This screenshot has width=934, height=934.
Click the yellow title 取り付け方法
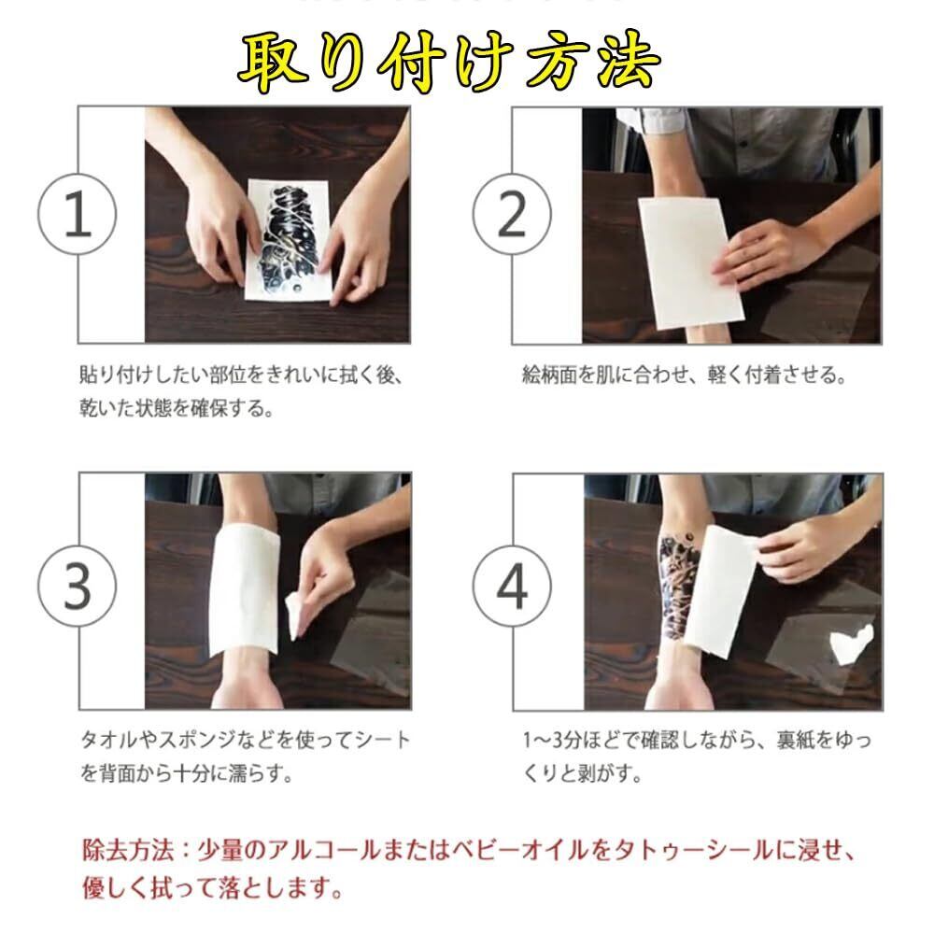click(x=450, y=62)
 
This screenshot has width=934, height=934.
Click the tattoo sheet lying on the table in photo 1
click(x=289, y=241)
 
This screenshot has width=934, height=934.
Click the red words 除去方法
click(x=127, y=850)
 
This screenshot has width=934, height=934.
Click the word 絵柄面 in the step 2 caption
click(x=549, y=375)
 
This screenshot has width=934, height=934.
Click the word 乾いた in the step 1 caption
click(x=107, y=408)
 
